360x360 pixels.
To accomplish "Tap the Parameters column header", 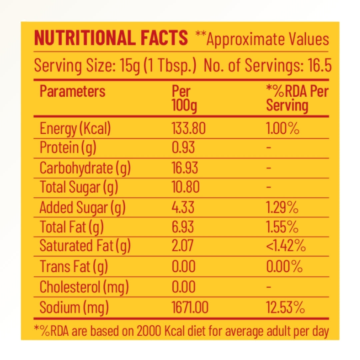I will [x=72, y=91].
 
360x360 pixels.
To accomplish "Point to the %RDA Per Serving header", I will [x=297, y=98].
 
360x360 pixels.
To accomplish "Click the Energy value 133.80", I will [x=189, y=129].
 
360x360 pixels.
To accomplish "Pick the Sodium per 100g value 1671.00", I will [x=190, y=307].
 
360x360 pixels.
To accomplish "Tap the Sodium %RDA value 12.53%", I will [x=285, y=307].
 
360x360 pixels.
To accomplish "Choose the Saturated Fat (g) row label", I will [x=85, y=246].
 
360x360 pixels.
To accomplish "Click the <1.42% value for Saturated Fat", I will [x=286, y=246].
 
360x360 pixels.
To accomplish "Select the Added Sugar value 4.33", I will [x=183, y=207].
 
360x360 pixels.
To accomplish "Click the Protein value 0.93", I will [x=183, y=148].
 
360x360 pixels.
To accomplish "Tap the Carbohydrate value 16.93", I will [x=185, y=168].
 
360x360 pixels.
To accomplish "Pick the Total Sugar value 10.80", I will [x=185, y=187].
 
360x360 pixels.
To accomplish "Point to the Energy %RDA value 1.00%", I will [x=282, y=129].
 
